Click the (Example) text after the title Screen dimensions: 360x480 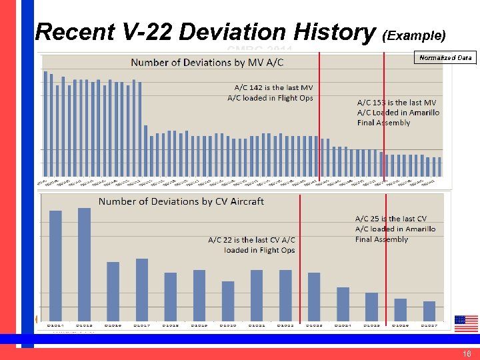(414, 34)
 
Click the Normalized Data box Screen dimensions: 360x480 (445, 57)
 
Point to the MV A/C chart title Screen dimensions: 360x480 (207, 63)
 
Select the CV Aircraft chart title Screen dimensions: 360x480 (181, 201)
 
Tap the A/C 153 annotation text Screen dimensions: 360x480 (398, 112)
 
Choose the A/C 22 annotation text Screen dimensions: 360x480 (251, 245)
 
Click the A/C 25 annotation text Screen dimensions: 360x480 (395, 229)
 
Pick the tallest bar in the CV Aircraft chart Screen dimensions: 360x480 (84, 264)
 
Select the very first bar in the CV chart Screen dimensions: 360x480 (55, 265)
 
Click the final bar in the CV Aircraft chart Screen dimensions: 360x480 (429, 311)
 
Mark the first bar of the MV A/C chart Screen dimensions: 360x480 (45, 123)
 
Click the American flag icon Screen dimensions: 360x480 (466, 323)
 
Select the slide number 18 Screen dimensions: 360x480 (466, 354)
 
